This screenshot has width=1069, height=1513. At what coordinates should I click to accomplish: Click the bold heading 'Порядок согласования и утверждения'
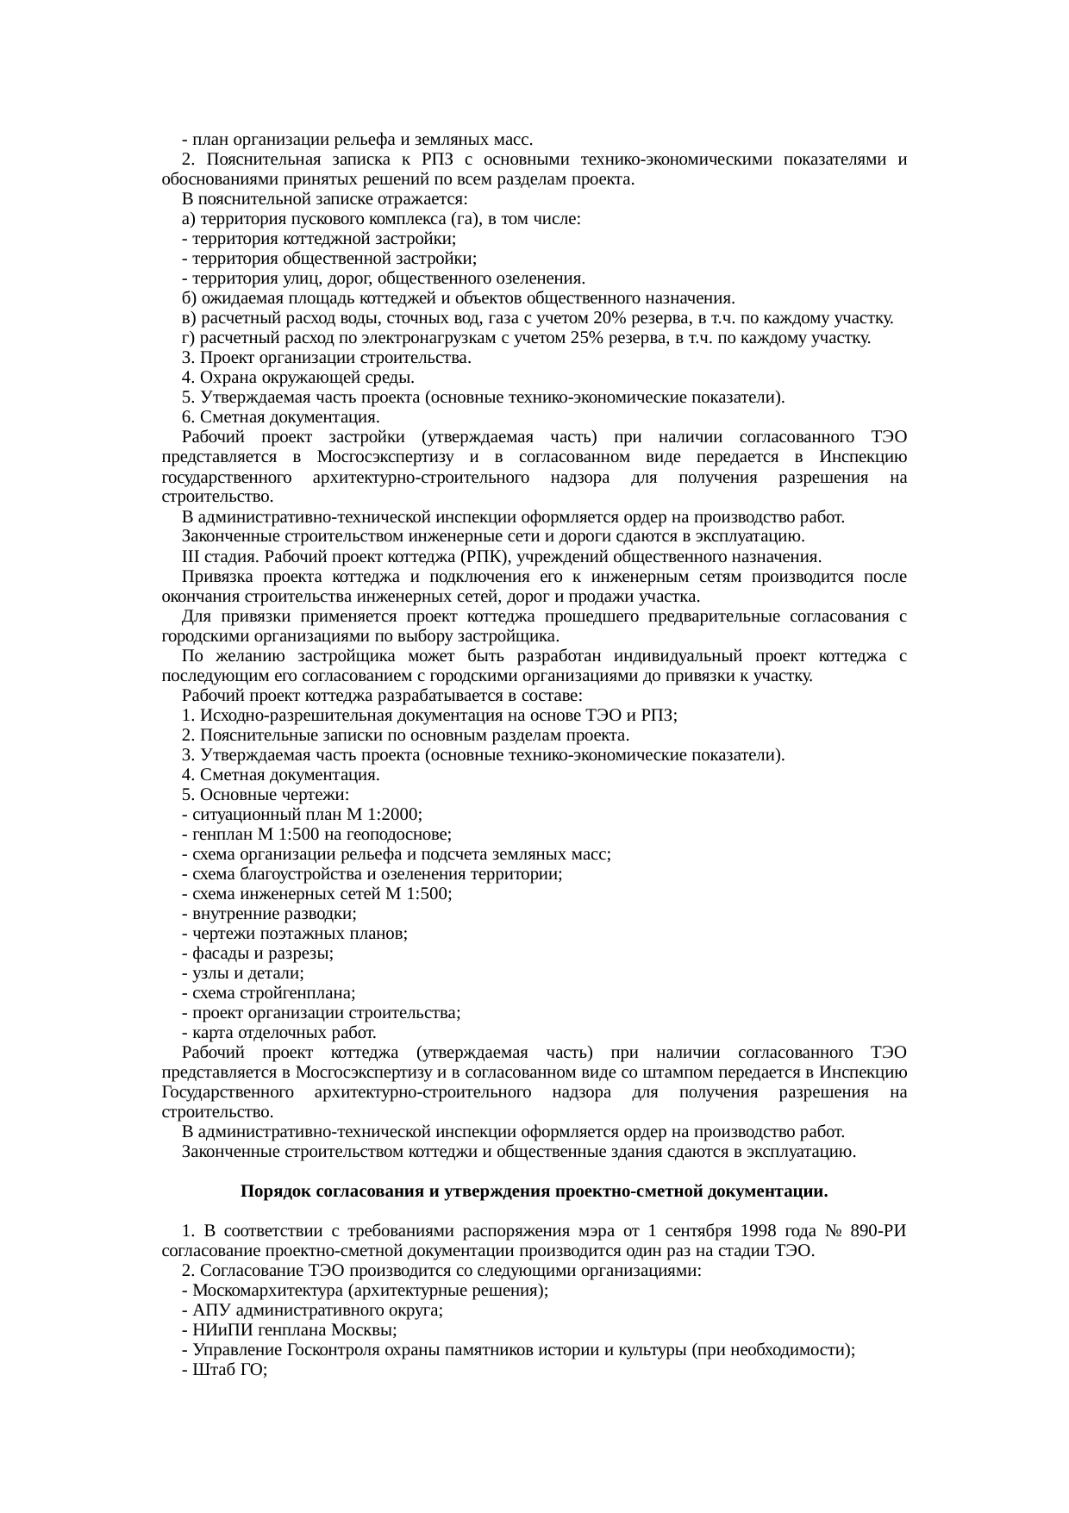click(x=534, y=1191)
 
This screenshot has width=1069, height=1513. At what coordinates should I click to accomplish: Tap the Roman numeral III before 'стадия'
click(x=191, y=557)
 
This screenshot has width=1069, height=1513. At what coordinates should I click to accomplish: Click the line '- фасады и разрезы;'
click(x=258, y=953)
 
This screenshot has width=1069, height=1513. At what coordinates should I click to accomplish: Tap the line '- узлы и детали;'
click(x=242, y=973)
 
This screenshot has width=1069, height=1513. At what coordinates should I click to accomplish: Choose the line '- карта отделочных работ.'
click(x=278, y=1033)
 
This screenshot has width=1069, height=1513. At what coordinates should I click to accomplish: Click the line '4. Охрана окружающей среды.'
click(x=297, y=378)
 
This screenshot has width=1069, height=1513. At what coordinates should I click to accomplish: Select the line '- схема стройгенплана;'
click(x=267, y=993)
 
